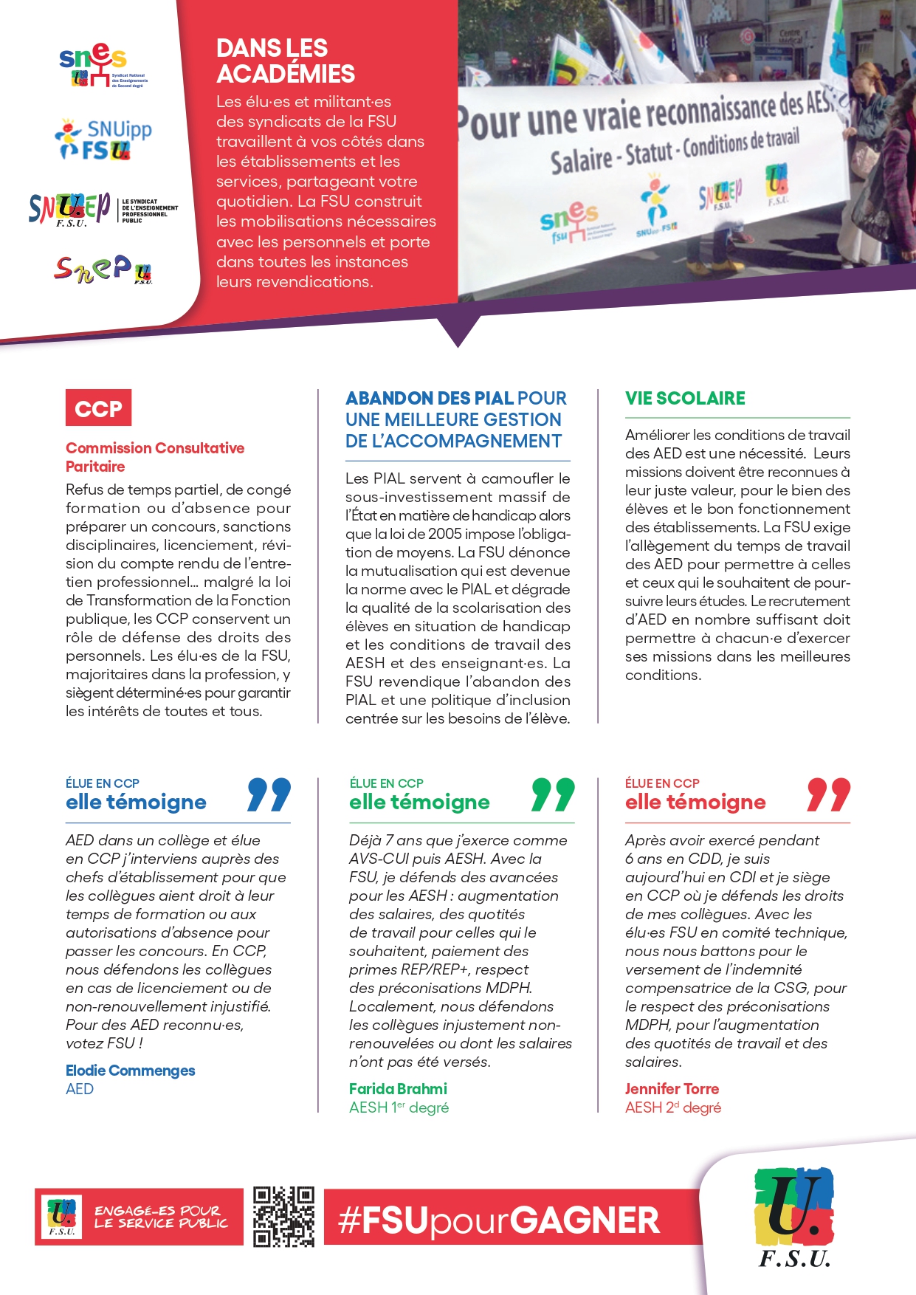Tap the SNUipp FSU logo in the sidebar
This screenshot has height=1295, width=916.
pos(103,140)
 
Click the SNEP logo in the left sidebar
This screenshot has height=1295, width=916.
pos(103,270)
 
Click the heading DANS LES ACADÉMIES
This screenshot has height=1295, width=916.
pos(286,61)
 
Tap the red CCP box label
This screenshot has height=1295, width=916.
pos(98,408)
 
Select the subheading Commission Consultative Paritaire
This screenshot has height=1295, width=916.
pos(154,457)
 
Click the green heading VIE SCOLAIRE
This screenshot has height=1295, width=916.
pos(685,399)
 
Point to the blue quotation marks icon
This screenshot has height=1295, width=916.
pos(269,794)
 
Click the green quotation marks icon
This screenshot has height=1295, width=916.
pos(553,794)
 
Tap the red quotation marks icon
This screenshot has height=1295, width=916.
pos(828,794)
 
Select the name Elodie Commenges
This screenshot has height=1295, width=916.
pos(131,1071)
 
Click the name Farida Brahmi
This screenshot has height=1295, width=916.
pos(398,1089)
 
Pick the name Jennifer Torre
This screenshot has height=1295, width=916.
pos(672,1089)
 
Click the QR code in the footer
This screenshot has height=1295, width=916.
pos(283,1217)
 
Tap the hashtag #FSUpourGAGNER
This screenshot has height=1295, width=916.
pos(499,1220)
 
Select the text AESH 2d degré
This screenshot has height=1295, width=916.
pos(672,1107)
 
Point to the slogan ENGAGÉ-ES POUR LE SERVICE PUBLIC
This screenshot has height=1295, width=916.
pos(161,1217)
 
